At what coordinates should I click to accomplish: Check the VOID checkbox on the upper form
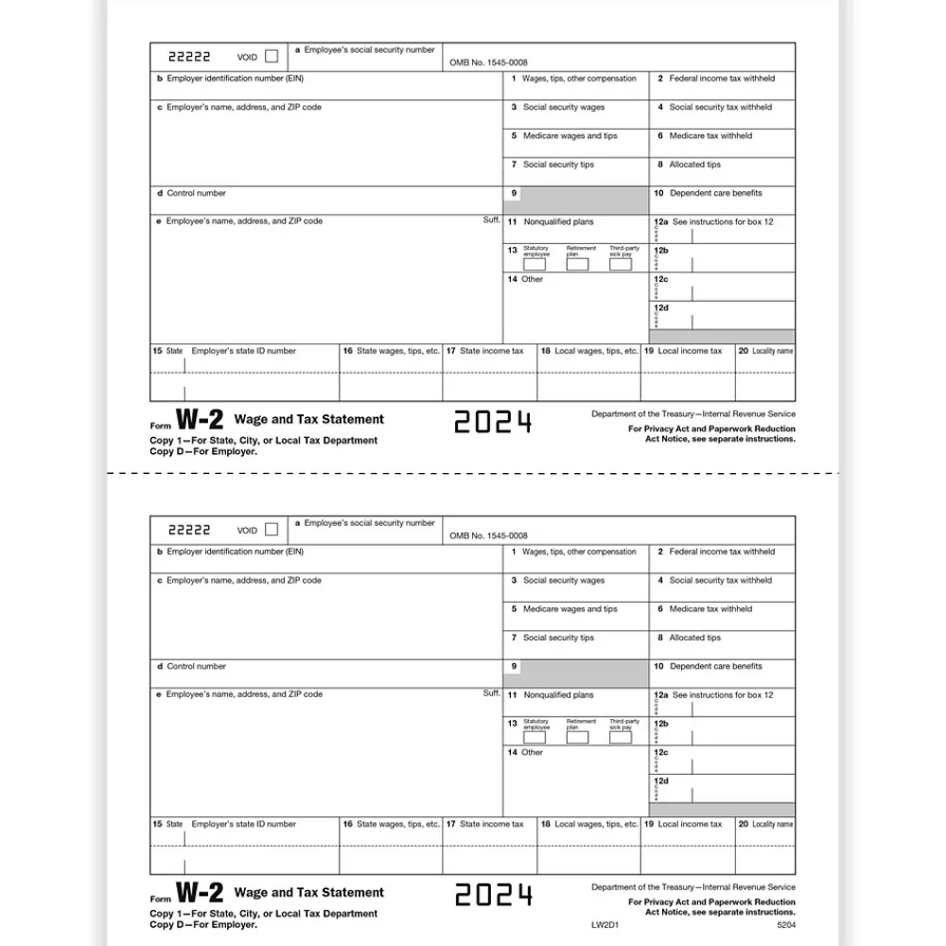(272, 56)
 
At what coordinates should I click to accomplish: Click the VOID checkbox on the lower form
(272, 529)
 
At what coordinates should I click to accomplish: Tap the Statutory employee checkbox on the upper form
(534, 264)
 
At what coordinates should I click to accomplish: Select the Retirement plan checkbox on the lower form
(577, 737)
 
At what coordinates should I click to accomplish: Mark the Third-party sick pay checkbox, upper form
(620, 264)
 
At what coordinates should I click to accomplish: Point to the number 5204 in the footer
(786, 924)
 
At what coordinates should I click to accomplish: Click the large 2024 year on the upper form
(493, 422)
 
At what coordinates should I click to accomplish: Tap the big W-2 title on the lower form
(200, 893)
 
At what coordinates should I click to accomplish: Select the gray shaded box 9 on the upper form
(578, 200)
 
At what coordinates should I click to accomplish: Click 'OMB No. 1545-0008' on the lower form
(488, 535)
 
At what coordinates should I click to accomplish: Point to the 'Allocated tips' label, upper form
(694, 165)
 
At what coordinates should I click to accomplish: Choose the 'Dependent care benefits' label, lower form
(715, 666)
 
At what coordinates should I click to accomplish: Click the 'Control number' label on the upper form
(196, 193)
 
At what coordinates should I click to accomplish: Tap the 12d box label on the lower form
(661, 781)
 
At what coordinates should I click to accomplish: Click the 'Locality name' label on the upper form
(772, 351)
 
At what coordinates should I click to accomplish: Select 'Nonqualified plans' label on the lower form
(558, 694)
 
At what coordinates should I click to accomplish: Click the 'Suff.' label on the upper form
(491, 219)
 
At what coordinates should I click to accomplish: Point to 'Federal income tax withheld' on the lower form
(722, 552)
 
